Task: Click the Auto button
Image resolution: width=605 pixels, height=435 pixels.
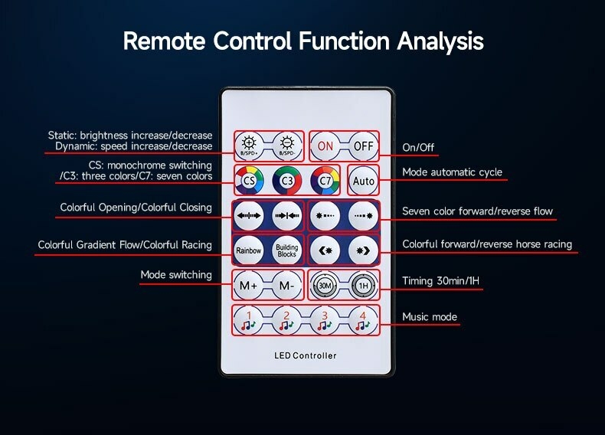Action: pyautogui.click(x=363, y=181)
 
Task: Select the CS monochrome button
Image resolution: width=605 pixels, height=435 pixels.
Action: pyautogui.click(x=249, y=181)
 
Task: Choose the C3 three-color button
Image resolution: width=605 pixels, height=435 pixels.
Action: pyautogui.click(x=287, y=181)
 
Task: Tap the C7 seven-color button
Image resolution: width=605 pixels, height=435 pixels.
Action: pyautogui.click(x=325, y=181)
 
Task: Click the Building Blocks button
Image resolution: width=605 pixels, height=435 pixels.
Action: pyautogui.click(x=286, y=250)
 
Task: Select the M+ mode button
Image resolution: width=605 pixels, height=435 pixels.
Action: pyautogui.click(x=248, y=286)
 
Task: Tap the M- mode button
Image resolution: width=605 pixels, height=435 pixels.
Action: pyautogui.click(x=286, y=286)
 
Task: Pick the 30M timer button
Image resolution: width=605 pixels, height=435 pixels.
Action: pyautogui.click(x=325, y=286)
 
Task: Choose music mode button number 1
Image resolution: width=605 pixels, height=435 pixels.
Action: pyautogui.click(x=248, y=320)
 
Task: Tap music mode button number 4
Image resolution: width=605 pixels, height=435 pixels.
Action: pyautogui.click(x=363, y=320)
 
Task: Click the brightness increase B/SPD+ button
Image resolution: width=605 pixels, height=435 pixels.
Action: pyautogui.click(x=248, y=144)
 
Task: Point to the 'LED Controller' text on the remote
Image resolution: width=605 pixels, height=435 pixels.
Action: pyautogui.click(x=305, y=355)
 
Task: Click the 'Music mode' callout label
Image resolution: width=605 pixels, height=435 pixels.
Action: pyautogui.click(x=430, y=317)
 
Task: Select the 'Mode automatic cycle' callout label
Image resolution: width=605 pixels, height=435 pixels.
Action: pyautogui.click(x=453, y=172)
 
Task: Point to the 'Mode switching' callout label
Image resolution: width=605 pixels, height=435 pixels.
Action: pyautogui.click(x=176, y=275)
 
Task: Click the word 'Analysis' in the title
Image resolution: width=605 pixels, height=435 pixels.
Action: pyautogui.click(x=440, y=40)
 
